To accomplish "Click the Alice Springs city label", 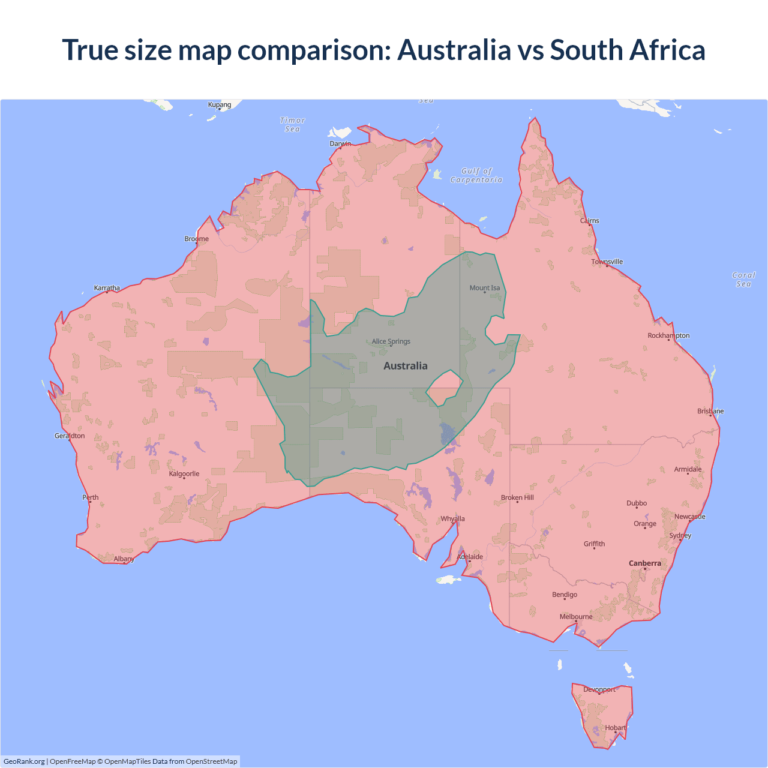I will tap(391, 341).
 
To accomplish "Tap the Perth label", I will tap(91, 497).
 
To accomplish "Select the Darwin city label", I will tap(340, 144).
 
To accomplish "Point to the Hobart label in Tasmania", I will tap(616, 728).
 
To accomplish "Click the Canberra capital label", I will tap(645, 563).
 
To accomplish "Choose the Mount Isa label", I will tap(485, 288).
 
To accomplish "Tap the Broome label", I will tap(197, 239).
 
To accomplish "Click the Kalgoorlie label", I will tap(184, 474).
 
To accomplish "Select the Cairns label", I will tap(590, 221).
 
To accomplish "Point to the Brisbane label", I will tap(710, 411).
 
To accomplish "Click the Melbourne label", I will tap(576, 617).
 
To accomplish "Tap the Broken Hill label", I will tap(517, 497).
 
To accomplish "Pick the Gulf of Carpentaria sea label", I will tap(477, 175).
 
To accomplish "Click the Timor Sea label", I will tap(293, 125).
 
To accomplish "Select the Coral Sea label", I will tap(744, 280).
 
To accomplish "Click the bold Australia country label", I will tap(406, 366).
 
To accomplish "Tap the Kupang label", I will tap(220, 105).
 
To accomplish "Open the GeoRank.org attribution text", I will tap(24, 761).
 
